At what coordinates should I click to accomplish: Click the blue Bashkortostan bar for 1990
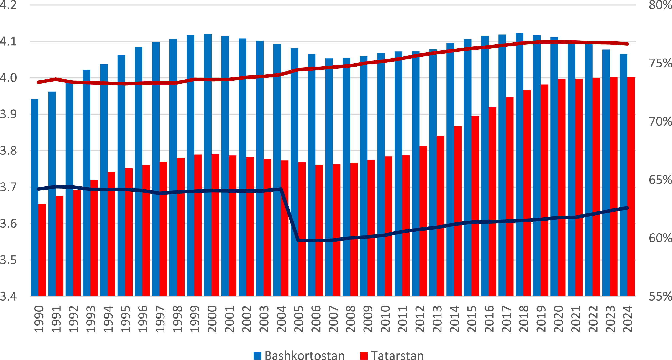35,198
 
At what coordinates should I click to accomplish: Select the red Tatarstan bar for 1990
42,250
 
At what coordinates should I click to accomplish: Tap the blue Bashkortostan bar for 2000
208,165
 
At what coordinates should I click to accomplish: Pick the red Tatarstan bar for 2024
631,186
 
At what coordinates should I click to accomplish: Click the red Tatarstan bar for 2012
423,221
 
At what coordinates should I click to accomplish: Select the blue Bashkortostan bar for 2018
519,164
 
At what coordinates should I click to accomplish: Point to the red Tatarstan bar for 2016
492,201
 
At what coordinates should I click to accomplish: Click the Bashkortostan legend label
304,355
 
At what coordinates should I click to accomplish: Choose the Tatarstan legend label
397,355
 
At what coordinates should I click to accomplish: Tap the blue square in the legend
257,356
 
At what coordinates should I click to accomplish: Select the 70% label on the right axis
660,121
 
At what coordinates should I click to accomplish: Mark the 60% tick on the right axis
660,238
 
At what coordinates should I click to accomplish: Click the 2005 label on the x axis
299,319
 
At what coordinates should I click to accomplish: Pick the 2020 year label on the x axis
559,319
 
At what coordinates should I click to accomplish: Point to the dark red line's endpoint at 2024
627,44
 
